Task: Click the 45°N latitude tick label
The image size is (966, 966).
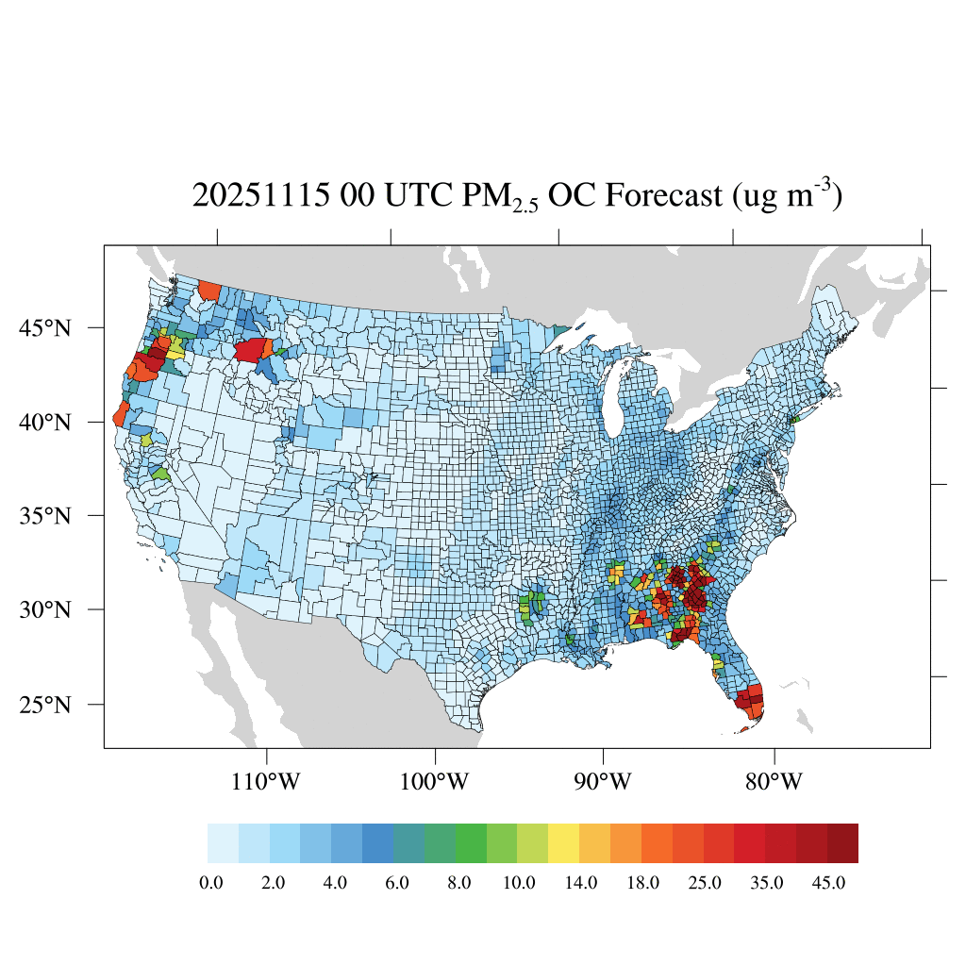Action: point(44,328)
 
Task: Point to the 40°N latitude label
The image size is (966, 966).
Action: point(44,422)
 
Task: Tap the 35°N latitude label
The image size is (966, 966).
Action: point(44,516)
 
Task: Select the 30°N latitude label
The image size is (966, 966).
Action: point(44,609)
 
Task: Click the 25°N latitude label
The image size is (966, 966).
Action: point(44,705)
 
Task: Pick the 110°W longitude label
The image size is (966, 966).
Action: point(268,782)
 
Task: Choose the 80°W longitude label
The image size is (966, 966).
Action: point(774,782)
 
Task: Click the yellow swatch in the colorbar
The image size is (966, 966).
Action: point(564,843)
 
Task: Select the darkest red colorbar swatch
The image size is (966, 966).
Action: point(843,843)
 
